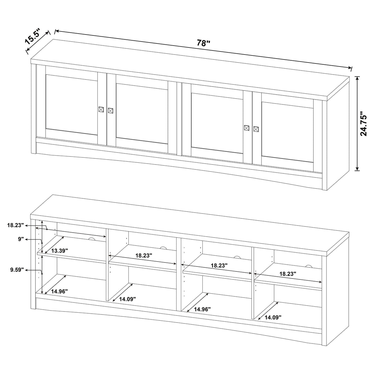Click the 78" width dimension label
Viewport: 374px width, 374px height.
203,43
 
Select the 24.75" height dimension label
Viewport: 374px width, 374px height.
365,124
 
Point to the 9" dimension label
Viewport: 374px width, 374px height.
21,239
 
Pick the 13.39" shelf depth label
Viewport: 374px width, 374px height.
59,251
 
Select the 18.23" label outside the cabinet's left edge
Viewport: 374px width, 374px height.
16,225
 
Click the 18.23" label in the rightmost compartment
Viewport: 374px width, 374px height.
287,273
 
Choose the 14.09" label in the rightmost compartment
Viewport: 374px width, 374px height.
273,317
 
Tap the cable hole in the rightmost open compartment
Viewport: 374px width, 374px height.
308,266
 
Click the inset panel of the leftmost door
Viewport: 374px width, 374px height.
71,105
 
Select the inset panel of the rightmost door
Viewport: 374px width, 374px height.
287,129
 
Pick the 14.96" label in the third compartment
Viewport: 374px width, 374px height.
202,309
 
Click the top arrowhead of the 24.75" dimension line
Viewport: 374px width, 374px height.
357,78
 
